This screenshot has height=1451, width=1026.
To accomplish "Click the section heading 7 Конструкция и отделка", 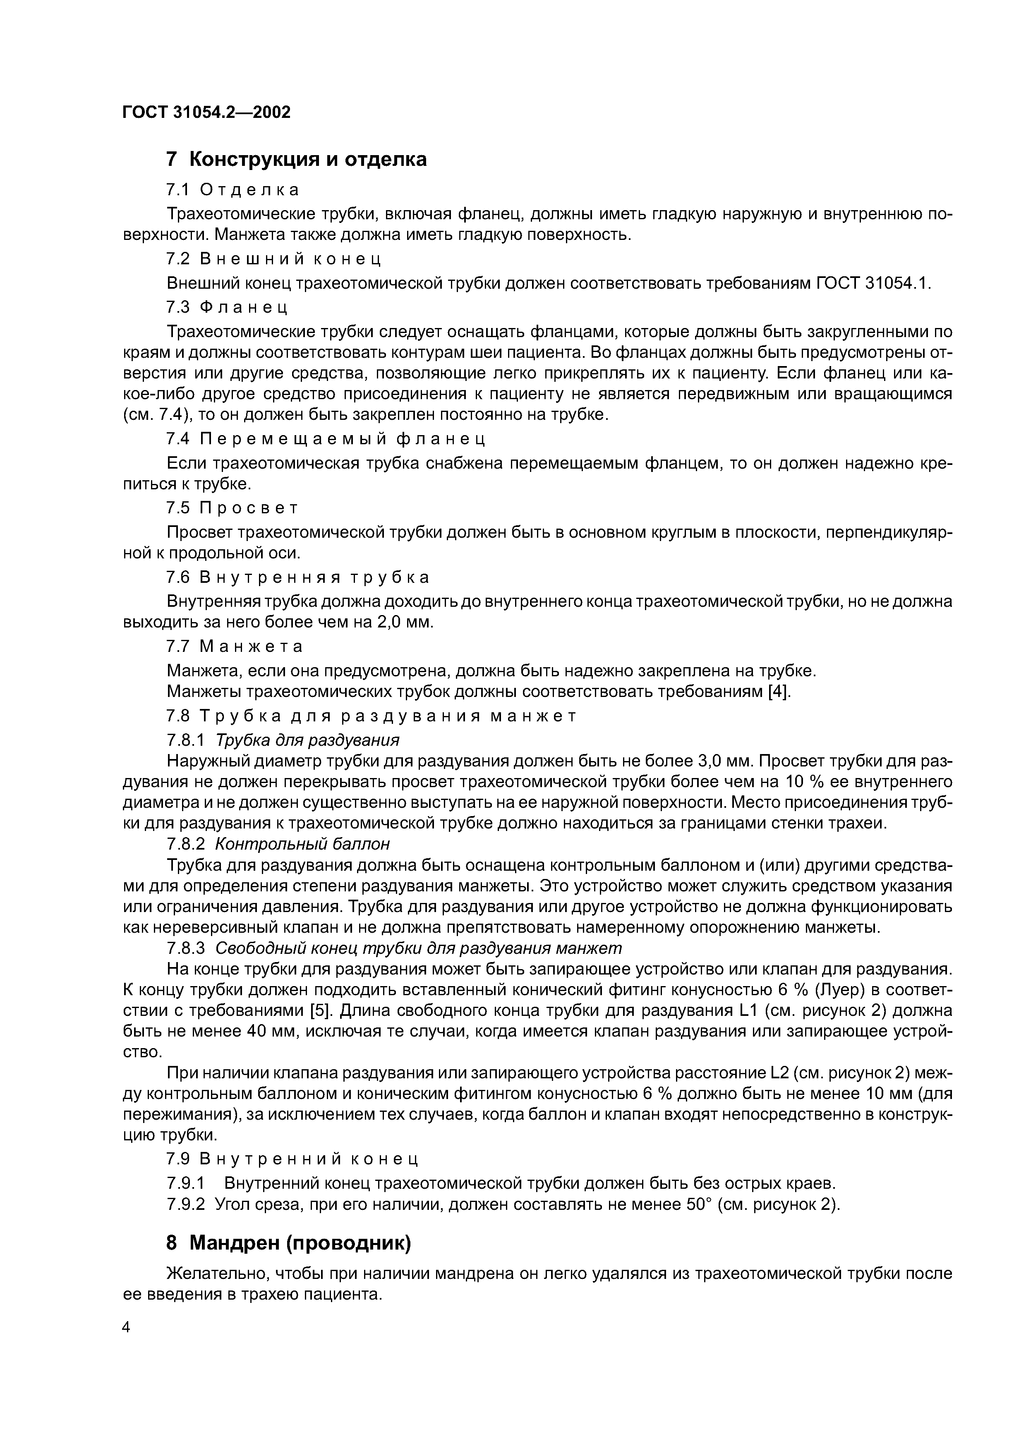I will [296, 159].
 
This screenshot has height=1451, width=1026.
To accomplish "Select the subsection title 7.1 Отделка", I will [232, 189].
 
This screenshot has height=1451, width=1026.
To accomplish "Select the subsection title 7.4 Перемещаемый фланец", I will [326, 438].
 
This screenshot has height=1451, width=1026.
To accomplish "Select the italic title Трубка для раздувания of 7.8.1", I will [308, 740].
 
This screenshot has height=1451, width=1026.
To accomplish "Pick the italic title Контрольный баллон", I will [303, 844].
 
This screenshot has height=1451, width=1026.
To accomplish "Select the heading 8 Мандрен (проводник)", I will [288, 1244].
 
